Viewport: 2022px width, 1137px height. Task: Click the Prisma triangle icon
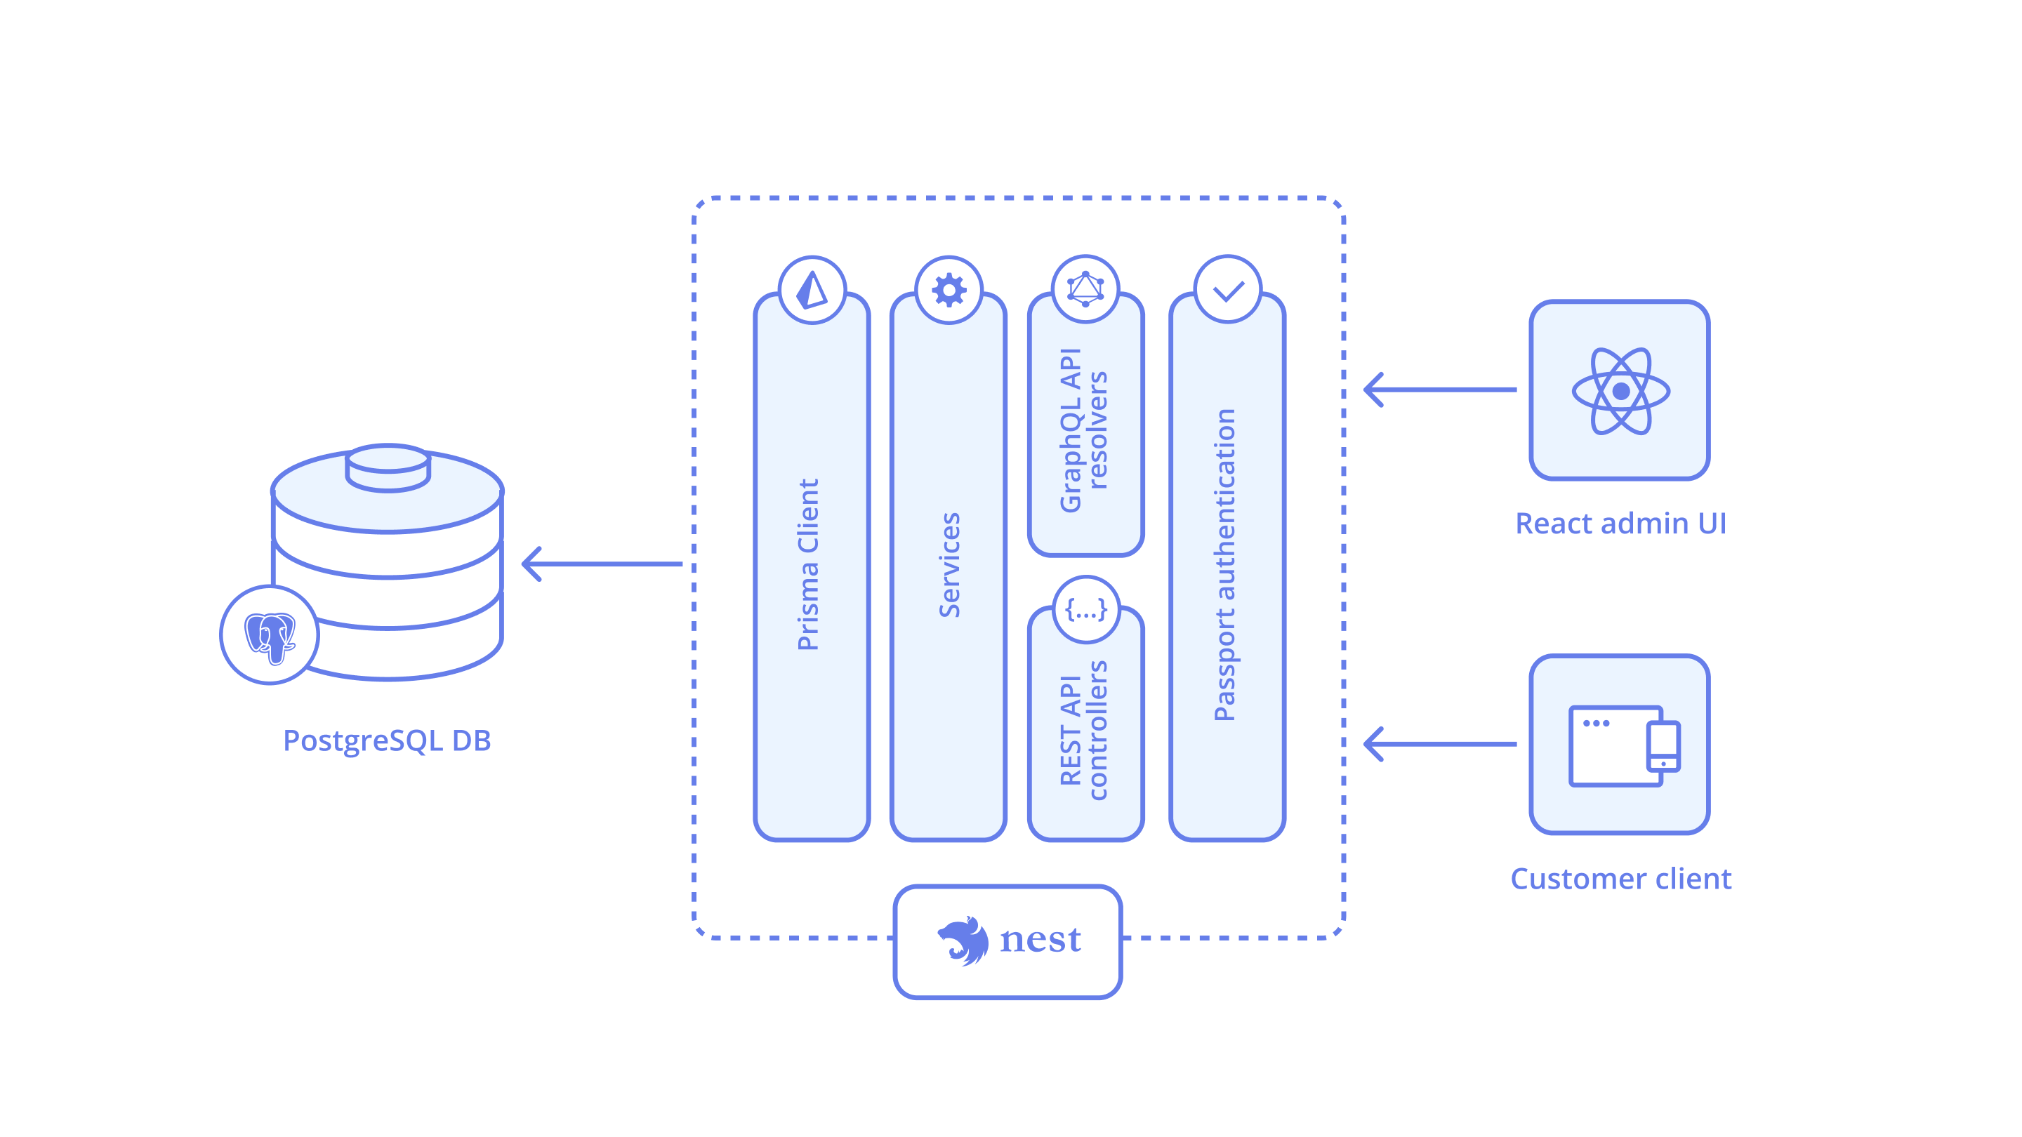[x=812, y=290]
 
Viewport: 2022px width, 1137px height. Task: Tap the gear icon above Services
[x=949, y=290]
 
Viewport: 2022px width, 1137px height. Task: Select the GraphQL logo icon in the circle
[x=1085, y=288]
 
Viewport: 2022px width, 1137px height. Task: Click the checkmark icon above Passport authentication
[x=1228, y=291]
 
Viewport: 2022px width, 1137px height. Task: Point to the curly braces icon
[x=1085, y=610]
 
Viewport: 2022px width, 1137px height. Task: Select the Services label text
[x=949, y=564]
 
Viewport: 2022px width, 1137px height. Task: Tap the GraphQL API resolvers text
[x=1084, y=430]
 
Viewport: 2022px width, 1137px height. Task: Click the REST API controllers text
[x=1084, y=730]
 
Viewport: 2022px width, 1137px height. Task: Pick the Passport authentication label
[x=1225, y=564]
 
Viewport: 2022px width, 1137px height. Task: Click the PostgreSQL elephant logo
[x=269, y=636]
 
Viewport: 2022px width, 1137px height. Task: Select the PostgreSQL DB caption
[x=387, y=740]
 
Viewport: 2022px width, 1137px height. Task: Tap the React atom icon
[x=1620, y=390]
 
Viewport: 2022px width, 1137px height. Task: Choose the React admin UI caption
[x=1620, y=524]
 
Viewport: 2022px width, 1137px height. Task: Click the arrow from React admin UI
[x=1441, y=390]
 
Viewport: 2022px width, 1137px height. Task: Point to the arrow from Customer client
[x=1441, y=744]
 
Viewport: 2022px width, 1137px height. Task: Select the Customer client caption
[x=1620, y=878]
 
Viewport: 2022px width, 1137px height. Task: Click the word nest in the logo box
[x=1040, y=940]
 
